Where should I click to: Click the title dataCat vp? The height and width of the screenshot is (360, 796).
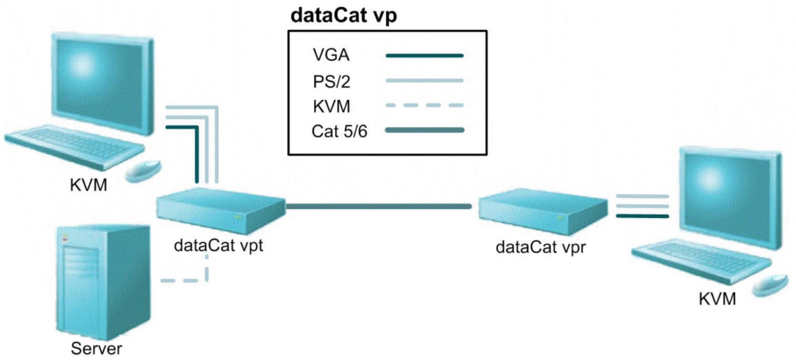tap(344, 16)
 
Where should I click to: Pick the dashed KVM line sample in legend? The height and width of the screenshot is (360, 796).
tap(424, 106)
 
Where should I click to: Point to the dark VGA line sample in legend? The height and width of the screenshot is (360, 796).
tap(424, 54)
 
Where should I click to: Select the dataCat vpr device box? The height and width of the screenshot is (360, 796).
tap(542, 207)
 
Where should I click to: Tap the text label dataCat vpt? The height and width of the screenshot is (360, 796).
tap(220, 245)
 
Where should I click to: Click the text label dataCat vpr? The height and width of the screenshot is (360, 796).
tap(541, 245)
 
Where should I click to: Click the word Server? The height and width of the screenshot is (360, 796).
tap(97, 348)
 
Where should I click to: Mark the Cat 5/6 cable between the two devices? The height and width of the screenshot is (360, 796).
tap(379, 206)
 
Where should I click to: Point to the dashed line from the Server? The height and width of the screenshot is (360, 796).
tap(184, 281)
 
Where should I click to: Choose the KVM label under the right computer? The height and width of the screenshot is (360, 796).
tap(717, 299)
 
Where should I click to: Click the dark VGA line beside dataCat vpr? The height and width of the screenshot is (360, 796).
tap(641, 216)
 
